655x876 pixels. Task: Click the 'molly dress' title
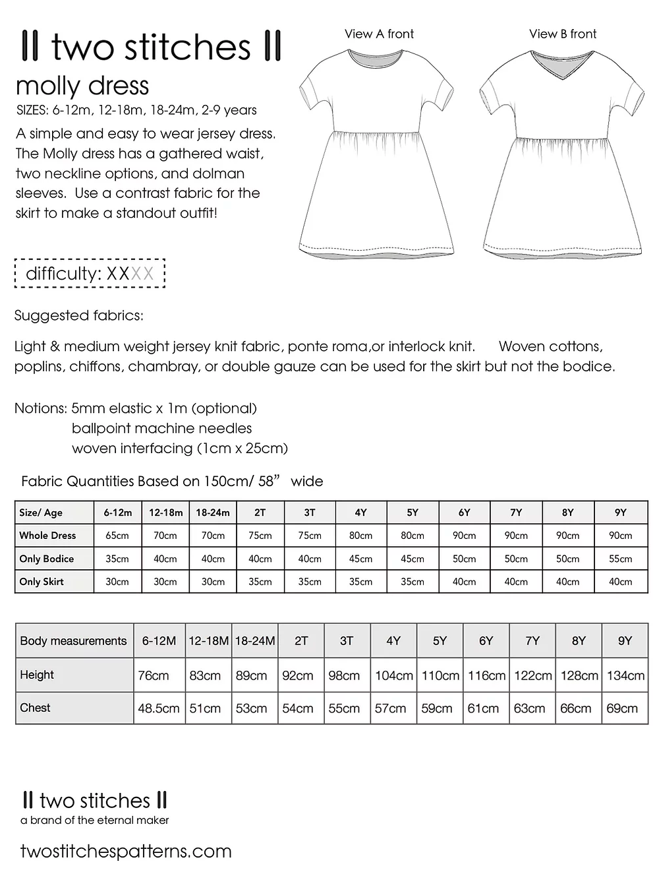(x=82, y=86)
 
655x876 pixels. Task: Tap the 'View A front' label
(x=379, y=34)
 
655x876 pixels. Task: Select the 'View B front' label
(x=563, y=34)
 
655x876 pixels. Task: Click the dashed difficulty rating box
(x=90, y=274)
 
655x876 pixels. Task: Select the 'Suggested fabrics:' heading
(x=78, y=315)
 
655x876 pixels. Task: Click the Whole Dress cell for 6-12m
(x=117, y=536)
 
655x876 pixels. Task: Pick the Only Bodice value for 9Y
(x=620, y=559)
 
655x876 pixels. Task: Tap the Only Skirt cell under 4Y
(x=360, y=582)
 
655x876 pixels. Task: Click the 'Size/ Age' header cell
(x=41, y=513)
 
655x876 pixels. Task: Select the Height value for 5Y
(x=440, y=675)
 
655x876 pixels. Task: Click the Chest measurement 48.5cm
(x=159, y=708)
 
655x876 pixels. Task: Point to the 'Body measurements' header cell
(x=73, y=641)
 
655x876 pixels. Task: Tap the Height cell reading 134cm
(x=625, y=675)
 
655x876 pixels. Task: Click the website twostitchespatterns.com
(x=126, y=851)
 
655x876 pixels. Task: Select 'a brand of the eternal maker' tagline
(x=95, y=820)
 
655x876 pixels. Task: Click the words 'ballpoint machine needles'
(x=162, y=428)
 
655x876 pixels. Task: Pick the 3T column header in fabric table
(x=310, y=513)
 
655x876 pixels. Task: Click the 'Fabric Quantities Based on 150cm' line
(x=172, y=481)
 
